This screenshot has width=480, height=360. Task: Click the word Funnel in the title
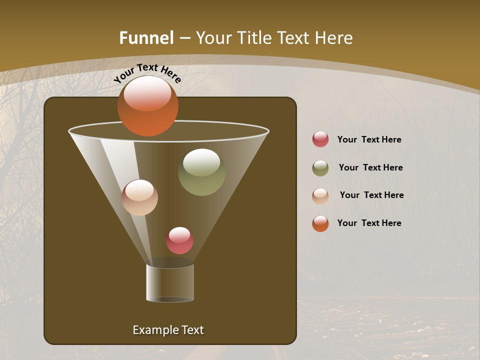(x=146, y=38)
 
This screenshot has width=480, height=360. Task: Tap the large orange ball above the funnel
(x=147, y=106)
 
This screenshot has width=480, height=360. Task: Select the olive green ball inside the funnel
(x=201, y=172)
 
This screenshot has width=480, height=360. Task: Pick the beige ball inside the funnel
(x=139, y=197)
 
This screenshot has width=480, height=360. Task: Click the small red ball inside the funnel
(x=179, y=240)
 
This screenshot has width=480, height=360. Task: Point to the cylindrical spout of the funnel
(x=170, y=283)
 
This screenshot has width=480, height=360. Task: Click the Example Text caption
(x=168, y=330)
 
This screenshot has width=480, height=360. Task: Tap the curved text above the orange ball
(x=147, y=73)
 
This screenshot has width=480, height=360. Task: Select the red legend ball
(x=320, y=139)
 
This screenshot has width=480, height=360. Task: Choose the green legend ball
(x=320, y=168)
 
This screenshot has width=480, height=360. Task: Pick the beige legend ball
(x=320, y=195)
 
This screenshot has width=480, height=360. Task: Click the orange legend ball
(x=320, y=223)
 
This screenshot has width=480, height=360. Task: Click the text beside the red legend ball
(x=369, y=140)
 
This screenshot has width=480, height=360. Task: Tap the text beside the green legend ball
(x=370, y=168)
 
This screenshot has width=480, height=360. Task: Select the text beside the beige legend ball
(x=371, y=195)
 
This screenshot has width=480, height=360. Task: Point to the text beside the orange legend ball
(x=369, y=223)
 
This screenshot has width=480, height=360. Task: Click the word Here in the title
(x=334, y=38)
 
